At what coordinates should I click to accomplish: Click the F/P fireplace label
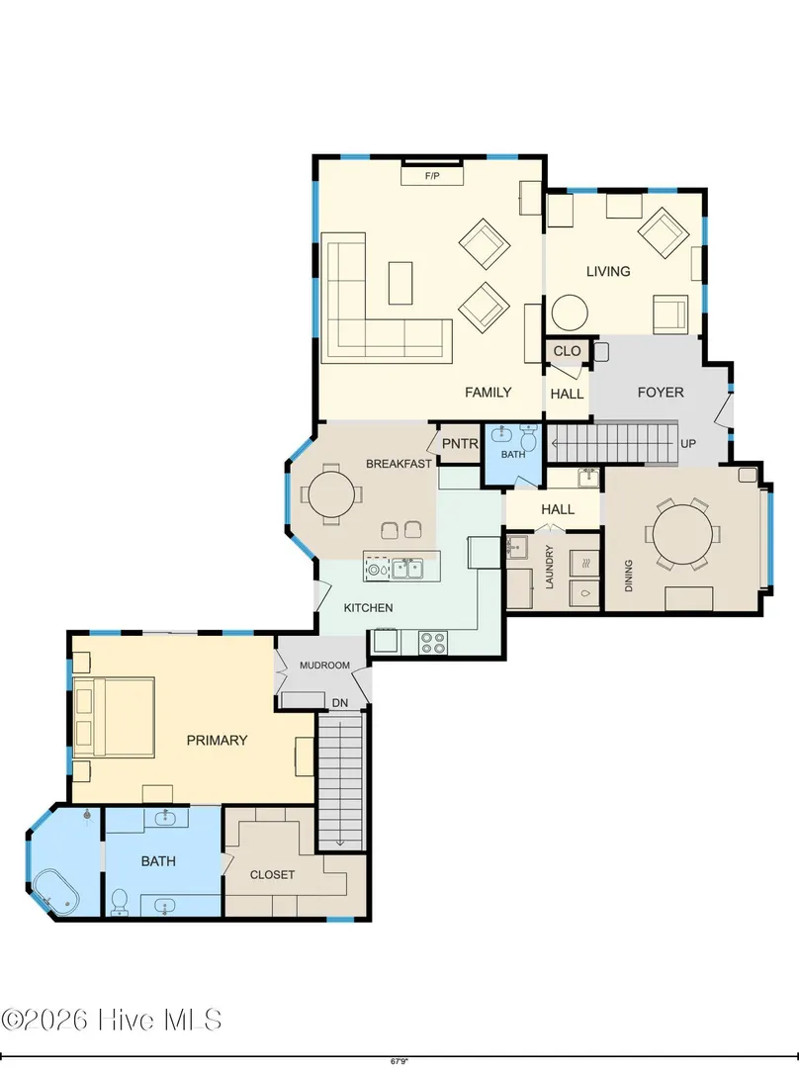click(x=432, y=176)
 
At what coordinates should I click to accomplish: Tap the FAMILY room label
click(x=488, y=393)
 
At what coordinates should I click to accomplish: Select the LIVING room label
click(x=608, y=271)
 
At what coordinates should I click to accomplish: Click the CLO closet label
click(x=568, y=351)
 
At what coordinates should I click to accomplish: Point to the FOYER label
click(x=661, y=393)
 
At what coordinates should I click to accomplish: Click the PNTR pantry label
click(x=460, y=444)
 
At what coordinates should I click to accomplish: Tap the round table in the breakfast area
click(x=331, y=494)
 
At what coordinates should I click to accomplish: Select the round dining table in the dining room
click(x=683, y=534)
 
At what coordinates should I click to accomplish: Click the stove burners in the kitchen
click(x=432, y=643)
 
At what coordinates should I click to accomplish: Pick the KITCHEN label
click(x=368, y=607)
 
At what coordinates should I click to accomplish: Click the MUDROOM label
click(x=325, y=666)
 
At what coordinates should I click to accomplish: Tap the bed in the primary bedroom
click(x=115, y=717)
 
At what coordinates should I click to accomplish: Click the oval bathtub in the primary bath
click(x=55, y=891)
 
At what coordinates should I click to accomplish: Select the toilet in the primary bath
click(x=120, y=902)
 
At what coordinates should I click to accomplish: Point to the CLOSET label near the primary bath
click(x=273, y=874)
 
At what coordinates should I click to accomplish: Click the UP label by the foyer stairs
click(x=688, y=444)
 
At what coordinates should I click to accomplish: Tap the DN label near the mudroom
click(x=340, y=703)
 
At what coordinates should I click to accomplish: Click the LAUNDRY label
click(x=550, y=567)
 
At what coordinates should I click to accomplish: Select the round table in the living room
click(x=570, y=312)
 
